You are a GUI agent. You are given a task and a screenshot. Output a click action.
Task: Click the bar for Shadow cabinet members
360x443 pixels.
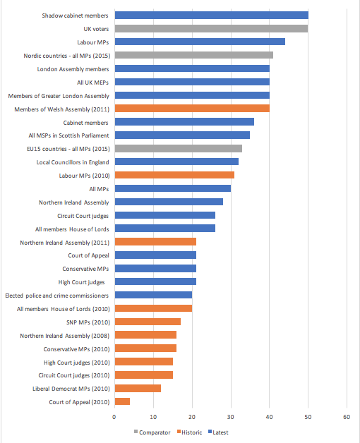(x=212, y=16)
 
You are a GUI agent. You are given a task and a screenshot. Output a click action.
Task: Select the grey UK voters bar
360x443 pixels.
(x=212, y=28)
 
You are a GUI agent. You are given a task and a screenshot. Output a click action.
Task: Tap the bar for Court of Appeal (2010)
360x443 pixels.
(x=122, y=401)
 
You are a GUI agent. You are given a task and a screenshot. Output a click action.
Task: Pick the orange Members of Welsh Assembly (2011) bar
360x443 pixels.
(x=192, y=109)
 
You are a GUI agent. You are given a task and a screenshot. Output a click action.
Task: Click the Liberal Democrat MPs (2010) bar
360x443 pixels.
(x=138, y=388)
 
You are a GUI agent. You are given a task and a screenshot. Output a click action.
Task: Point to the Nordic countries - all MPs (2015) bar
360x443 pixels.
(x=194, y=55)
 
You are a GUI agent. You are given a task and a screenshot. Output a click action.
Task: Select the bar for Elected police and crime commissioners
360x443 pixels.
(x=154, y=295)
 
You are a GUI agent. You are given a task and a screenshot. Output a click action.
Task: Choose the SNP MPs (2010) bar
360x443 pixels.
(x=148, y=322)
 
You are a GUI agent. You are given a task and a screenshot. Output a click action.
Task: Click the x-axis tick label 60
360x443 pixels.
(x=347, y=417)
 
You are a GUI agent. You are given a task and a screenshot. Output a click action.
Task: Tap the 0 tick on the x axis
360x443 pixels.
(x=114, y=417)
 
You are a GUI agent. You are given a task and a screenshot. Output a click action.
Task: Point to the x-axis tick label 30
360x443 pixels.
(x=231, y=417)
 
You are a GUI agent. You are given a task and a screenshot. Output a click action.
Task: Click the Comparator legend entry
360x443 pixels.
(x=152, y=432)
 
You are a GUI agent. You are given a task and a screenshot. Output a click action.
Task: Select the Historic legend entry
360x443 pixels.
(x=189, y=432)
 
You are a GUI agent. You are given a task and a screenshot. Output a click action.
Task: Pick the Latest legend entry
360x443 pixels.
(x=218, y=432)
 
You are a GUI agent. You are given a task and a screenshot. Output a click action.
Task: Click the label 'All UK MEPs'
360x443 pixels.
(x=92, y=83)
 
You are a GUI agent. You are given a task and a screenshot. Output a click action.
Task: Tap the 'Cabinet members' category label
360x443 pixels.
(x=85, y=123)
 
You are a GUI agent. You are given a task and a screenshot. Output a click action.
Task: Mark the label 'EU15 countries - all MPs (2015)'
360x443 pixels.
(x=68, y=149)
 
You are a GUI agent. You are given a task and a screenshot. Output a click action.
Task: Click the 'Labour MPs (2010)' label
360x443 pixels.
(x=84, y=176)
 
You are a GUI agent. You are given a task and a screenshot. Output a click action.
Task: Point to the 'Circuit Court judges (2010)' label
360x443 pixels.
(x=74, y=375)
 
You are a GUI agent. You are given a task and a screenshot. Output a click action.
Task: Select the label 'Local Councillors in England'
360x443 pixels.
(x=73, y=162)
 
